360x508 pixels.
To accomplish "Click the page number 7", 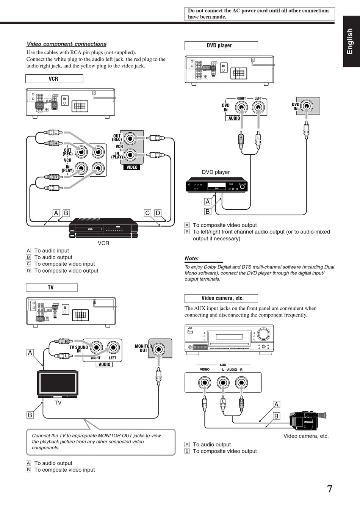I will click(x=330, y=489).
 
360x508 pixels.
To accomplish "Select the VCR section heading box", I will click(x=54, y=79).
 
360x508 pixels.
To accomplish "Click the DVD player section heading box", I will click(x=221, y=45).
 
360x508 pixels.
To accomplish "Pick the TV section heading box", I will click(x=52, y=288).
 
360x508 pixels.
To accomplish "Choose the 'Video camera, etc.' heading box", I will click(x=221, y=298).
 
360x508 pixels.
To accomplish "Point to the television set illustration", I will click(x=58, y=384).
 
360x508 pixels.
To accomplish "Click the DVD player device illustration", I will click(x=216, y=186).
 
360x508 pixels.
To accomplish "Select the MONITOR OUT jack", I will click(x=159, y=350).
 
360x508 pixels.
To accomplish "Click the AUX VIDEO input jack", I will click(x=205, y=383).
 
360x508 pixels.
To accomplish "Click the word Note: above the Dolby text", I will click(x=192, y=259).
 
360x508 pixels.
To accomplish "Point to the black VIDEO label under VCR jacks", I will click(x=132, y=167).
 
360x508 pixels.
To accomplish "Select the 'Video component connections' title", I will click(x=66, y=44).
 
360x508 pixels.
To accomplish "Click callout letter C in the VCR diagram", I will click(x=147, y=213).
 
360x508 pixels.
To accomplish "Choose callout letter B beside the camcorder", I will click(x=276, y=416).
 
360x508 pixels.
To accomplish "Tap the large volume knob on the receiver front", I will click(x=263, y=334).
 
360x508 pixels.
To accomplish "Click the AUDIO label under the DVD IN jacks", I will click(x=234, y=118).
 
